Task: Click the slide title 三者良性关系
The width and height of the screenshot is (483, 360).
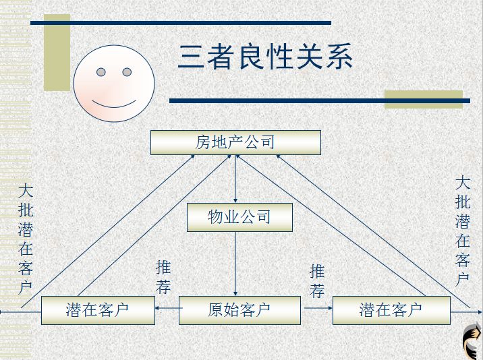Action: (265, 57)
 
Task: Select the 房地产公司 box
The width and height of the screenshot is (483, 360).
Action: (235, 142)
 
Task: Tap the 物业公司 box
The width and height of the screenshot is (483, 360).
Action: (239, 217)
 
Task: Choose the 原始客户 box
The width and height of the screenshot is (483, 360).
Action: (239, 310)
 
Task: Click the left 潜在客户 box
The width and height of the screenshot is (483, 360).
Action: (97, 310)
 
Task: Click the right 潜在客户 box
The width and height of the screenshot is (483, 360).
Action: (391, 310)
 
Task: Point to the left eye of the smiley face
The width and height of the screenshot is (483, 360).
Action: (101, 72)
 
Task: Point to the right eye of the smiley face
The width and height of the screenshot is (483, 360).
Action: (127, 71)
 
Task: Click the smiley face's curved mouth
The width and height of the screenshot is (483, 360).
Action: (114, 102)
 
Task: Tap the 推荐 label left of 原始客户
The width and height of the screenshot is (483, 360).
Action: (163, 276)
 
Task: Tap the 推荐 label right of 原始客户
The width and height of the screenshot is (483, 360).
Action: (317, 281)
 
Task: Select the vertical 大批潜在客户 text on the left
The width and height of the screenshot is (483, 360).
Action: (26, 239)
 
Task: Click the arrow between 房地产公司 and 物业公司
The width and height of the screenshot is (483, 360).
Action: (235, 179)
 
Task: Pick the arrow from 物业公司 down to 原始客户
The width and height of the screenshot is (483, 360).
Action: (235, 263)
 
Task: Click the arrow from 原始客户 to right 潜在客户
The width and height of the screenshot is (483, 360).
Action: (317, 309)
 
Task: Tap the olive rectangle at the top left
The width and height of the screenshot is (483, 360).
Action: (57, 53)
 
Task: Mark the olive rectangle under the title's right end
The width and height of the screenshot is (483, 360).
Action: (424, 100)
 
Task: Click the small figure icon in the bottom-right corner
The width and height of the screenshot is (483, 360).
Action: (472, 341)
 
